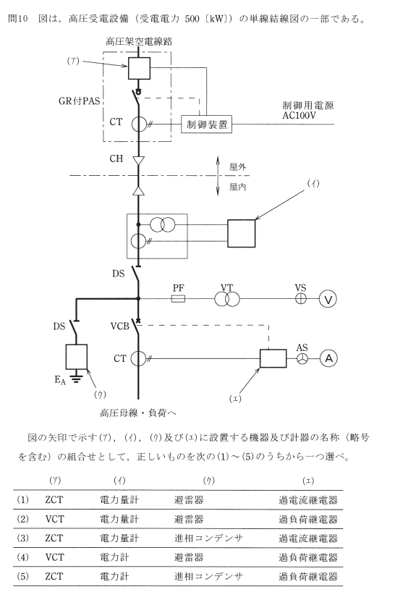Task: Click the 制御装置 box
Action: tap(206, 124)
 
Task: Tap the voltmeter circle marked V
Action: tap(328, 299)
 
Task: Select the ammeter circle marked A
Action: tap(328, 358)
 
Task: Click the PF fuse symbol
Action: tap(179, 298)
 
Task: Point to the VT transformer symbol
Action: tap(227, 298)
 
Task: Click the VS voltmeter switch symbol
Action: tap(301, 298)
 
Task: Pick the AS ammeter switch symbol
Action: tap(302, 358)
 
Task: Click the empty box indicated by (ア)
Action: tap(139, 68)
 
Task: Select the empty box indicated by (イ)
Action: tap(242, 234)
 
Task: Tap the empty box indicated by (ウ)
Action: tap(77, 357)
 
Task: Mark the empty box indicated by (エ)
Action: tap(273, 358)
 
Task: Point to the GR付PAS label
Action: tap(79, 101)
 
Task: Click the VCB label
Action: tap(119, 326)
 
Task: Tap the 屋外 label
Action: tap(237, 167)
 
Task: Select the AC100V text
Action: tap(299, 115)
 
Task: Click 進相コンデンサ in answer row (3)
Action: tap(208, 538)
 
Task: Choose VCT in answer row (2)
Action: tap(55, 519)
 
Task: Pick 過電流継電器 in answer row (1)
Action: tap(308, 500)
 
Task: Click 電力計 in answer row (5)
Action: tap(114, 576)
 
